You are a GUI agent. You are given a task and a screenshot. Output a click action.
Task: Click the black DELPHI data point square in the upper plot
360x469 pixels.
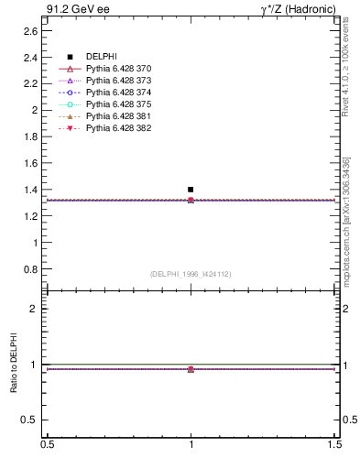[191, 190]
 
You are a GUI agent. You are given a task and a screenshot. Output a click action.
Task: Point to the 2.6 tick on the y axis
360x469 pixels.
[30, 30]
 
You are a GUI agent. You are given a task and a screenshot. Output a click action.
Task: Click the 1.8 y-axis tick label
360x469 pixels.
[30, 136]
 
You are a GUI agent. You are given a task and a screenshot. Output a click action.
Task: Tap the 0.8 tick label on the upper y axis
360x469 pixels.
[30, 270]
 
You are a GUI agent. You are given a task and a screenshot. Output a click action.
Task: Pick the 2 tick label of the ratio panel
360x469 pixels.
[34, 309]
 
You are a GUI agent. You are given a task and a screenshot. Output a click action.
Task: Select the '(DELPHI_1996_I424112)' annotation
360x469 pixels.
[191, 273]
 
